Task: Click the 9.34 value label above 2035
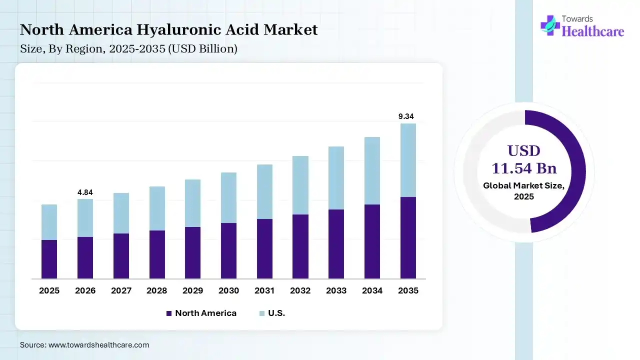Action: tap(406, 116)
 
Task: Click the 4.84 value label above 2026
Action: tap(85, 192)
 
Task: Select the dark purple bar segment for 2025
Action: tap(49, 259)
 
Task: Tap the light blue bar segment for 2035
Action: tap(408, 160)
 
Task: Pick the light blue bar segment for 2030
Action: tap(228, 197)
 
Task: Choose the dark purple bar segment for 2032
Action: tap(300, 246)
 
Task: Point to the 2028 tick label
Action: tap(157, 290)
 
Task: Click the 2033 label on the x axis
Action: tap(336, 290)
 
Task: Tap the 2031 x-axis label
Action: tap(264, 290)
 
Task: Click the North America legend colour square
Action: tap(169, 313)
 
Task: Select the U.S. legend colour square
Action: tap(262, 313)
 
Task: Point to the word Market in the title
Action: tap(290, 30)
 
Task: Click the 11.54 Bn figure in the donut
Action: tap(524, 167)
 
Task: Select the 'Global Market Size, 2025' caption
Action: tap(524, 191)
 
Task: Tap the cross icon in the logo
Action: tap(550, 25)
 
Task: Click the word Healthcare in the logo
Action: tap(593, 31)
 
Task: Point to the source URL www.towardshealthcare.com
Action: tap(98, 345)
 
